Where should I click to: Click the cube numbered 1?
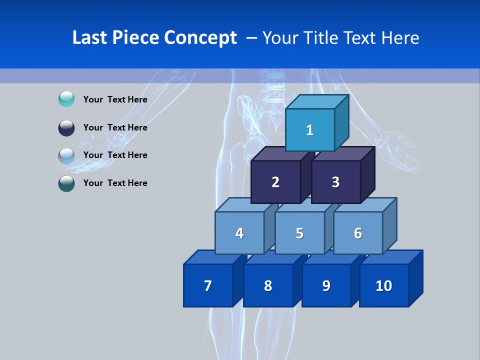point(310,130)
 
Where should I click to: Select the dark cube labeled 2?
point(275,182)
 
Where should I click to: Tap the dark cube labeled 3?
point(335,182)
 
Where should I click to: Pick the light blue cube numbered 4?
point(239,233)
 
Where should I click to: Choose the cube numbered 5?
point(299,233)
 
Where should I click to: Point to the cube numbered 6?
point(358,233)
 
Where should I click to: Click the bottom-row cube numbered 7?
point(208,285)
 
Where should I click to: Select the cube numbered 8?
point(268,285)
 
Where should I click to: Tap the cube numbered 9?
point(326,285)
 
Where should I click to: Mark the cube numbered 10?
point(384,285)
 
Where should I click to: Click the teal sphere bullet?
point(66,99)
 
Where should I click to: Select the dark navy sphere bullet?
point(66,128)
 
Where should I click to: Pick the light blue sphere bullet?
point(66,155)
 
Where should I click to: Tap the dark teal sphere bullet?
point(66,183)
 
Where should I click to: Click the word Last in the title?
point(90,37)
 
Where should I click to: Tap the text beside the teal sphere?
point(115,99)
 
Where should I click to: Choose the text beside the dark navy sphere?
point(115,127)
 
